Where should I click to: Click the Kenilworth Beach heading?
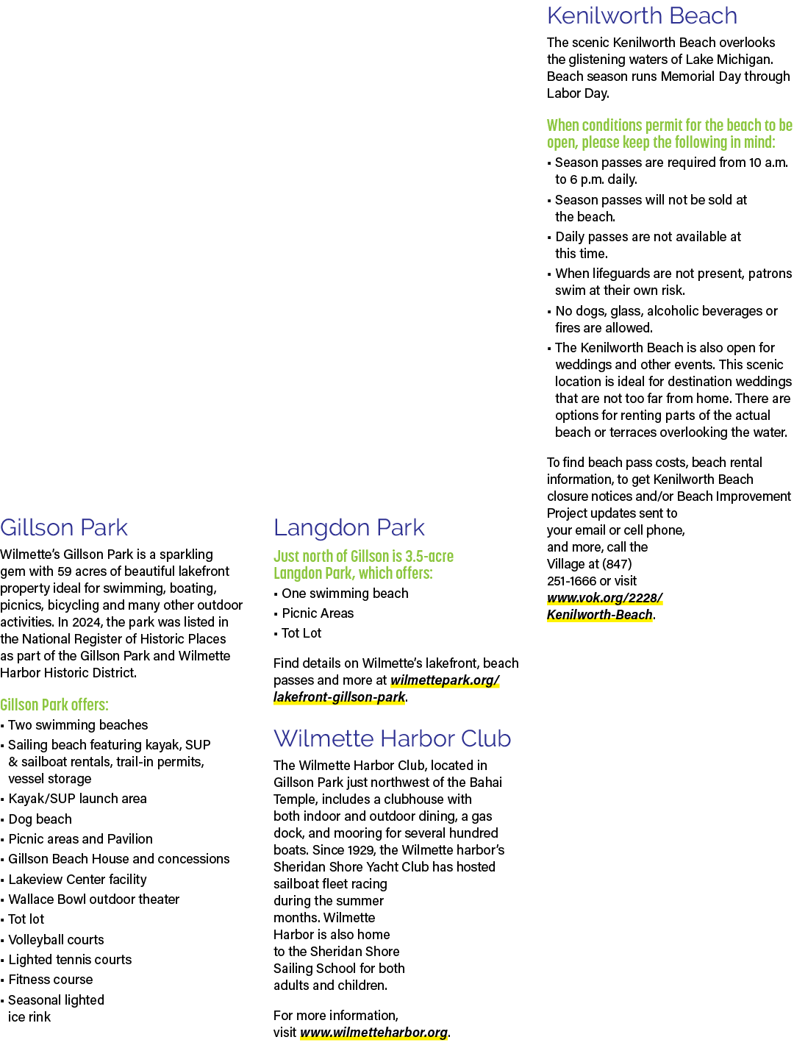pyautogui.click(x=642, y=16)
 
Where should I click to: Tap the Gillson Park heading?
pyautogui.click(x=64, y=527)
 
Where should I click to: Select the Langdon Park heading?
pyautogui.click(x=348, y=527)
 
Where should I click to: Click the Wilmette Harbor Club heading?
pyautogui.click(x=392, y=738)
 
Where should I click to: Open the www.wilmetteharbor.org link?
pyautogui.click(x=373, y=1032)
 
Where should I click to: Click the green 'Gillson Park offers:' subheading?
pyautogui.click(x=54, y=705)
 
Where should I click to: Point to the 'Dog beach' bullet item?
pyautogui.click(x=40, y=819)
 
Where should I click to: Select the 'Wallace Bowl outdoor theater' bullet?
pyautogui.click(x=94, y=899)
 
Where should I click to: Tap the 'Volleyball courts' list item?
pyautogui.click(x=56, y=939)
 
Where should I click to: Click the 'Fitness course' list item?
pyautogui.click(x=50, y=979)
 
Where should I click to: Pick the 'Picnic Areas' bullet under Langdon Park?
pyautogui.click(x=318, y=613)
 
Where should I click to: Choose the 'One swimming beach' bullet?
pyautogui.click(x=345, y=594)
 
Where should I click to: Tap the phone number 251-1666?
pyautogui.click(x=571, y=580)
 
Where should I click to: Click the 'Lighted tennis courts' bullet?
pyautogui.click(x=70, y=959)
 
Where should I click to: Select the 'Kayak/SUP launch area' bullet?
pyautogui.click(x=77, y=798)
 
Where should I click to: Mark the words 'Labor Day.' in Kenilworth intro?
pyautogui.click(x=578, y=93)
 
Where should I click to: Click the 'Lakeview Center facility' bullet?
pyautogui.click(x=77, y=879)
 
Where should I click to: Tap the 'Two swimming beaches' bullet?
pyautogui.click(x=78, y=724)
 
